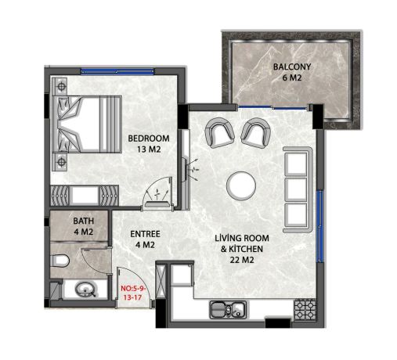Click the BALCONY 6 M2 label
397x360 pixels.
pyautogui.click(x=292, y=73)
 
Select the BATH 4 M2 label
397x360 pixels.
pyautogui.click(x=84, y=226)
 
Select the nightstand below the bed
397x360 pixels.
pyautogui.click(x=60, y=161)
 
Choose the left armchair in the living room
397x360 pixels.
pyautogui.click(x=221, y=132)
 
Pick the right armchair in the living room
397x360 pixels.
pyautogui.click(x=254, y=132)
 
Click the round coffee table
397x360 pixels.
pyautogui.click(x=240, y=185)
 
